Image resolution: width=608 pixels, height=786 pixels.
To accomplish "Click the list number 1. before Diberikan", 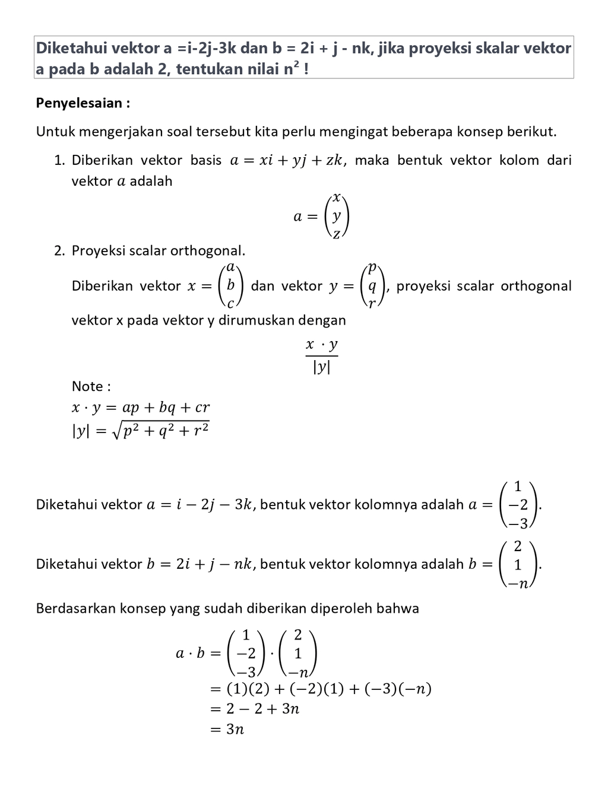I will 59,160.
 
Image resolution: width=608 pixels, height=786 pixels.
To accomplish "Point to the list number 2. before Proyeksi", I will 59,250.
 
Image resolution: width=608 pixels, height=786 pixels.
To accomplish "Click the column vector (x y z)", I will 337,216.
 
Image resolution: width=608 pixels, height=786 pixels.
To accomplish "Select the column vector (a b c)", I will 230,286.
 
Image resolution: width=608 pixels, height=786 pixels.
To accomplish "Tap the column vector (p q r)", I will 372,286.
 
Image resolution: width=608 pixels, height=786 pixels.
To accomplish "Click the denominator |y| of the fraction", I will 321,367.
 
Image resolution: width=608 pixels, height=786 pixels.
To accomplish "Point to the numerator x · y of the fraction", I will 321,345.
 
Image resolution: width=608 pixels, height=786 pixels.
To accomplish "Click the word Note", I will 87,386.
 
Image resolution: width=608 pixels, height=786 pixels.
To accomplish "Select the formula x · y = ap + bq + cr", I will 141,408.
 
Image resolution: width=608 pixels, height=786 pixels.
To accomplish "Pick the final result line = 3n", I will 227,729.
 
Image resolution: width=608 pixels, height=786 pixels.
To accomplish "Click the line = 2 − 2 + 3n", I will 255,709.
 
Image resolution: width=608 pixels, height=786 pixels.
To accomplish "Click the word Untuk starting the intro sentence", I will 55,131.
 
